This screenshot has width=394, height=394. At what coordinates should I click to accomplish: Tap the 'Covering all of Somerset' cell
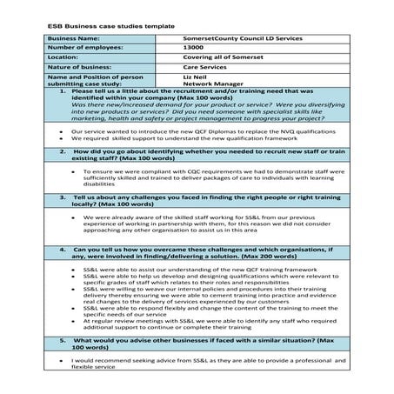pyautogui.click(x=218, y=57)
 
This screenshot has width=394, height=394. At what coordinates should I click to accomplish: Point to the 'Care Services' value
pyautogui.click(x=202, y=67)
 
